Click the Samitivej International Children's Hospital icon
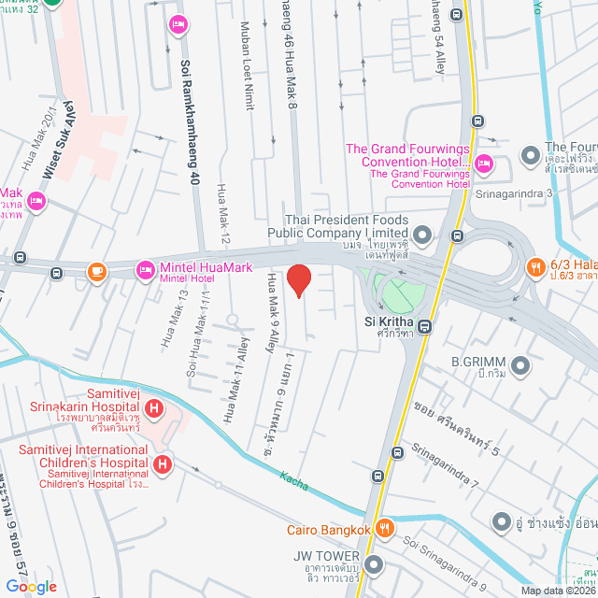163,463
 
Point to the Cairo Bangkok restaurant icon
383,530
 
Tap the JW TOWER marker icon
375,564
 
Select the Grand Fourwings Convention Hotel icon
483,165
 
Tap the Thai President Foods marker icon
421,234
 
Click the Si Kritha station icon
424,326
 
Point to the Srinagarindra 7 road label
445,466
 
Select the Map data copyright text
557,590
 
